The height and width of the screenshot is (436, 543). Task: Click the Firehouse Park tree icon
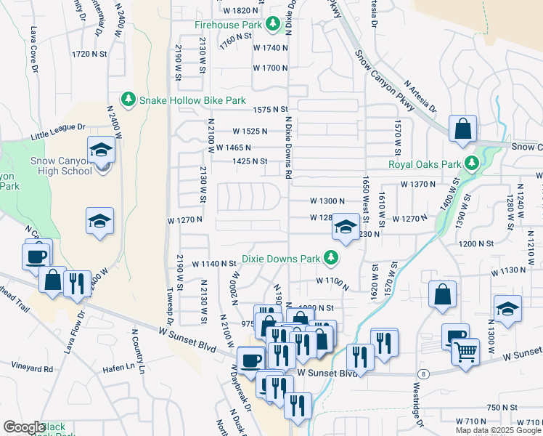tap(272, 25)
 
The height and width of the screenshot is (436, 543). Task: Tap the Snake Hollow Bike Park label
tap(192, 100)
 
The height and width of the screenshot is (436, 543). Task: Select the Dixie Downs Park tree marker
tap(331, 258)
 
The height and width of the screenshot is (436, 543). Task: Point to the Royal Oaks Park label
tap(425, 164)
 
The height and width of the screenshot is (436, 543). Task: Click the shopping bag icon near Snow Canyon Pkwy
tap(462, 130)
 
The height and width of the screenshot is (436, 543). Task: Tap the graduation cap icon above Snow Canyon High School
tap(101, 150)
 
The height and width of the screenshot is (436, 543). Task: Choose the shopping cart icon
tap(466, 352)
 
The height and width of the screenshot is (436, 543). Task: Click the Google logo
tap(24, 427)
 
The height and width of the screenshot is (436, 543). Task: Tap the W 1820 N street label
tap(241, 10)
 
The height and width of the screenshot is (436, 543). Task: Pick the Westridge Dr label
tap(422, 400)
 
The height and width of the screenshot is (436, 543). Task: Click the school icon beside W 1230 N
tap(346, 227)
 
